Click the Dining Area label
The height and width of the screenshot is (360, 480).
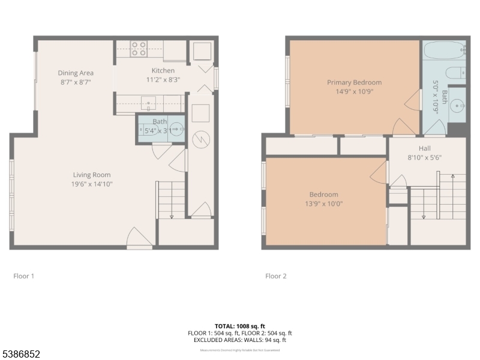(x=76, y=73)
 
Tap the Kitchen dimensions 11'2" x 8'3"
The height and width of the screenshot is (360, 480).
(x=163, y=79)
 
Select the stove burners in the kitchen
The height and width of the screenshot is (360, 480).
(x=139, y=48)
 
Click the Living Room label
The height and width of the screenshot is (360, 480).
(x=92, y=175)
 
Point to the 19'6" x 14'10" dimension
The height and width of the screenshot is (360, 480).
(x=92, y=184)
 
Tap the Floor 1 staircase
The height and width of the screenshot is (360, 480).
(x=171, y=200)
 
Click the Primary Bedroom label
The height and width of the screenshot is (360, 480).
(x=354, y=82)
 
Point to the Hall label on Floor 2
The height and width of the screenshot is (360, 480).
(x=424, y=148)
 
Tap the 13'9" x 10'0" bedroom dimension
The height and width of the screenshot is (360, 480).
(x=323, y=203)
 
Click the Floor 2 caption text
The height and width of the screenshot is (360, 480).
(x=276, y=276)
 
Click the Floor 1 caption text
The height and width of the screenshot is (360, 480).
(x=24, y=276)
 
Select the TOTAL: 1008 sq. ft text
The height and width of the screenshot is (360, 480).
(x=239, y=326)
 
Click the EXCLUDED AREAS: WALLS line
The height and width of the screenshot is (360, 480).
(x=239, y=340)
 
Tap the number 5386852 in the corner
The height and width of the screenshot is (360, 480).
(x=20, y=355)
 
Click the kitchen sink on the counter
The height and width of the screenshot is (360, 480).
(x=148, y=102)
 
